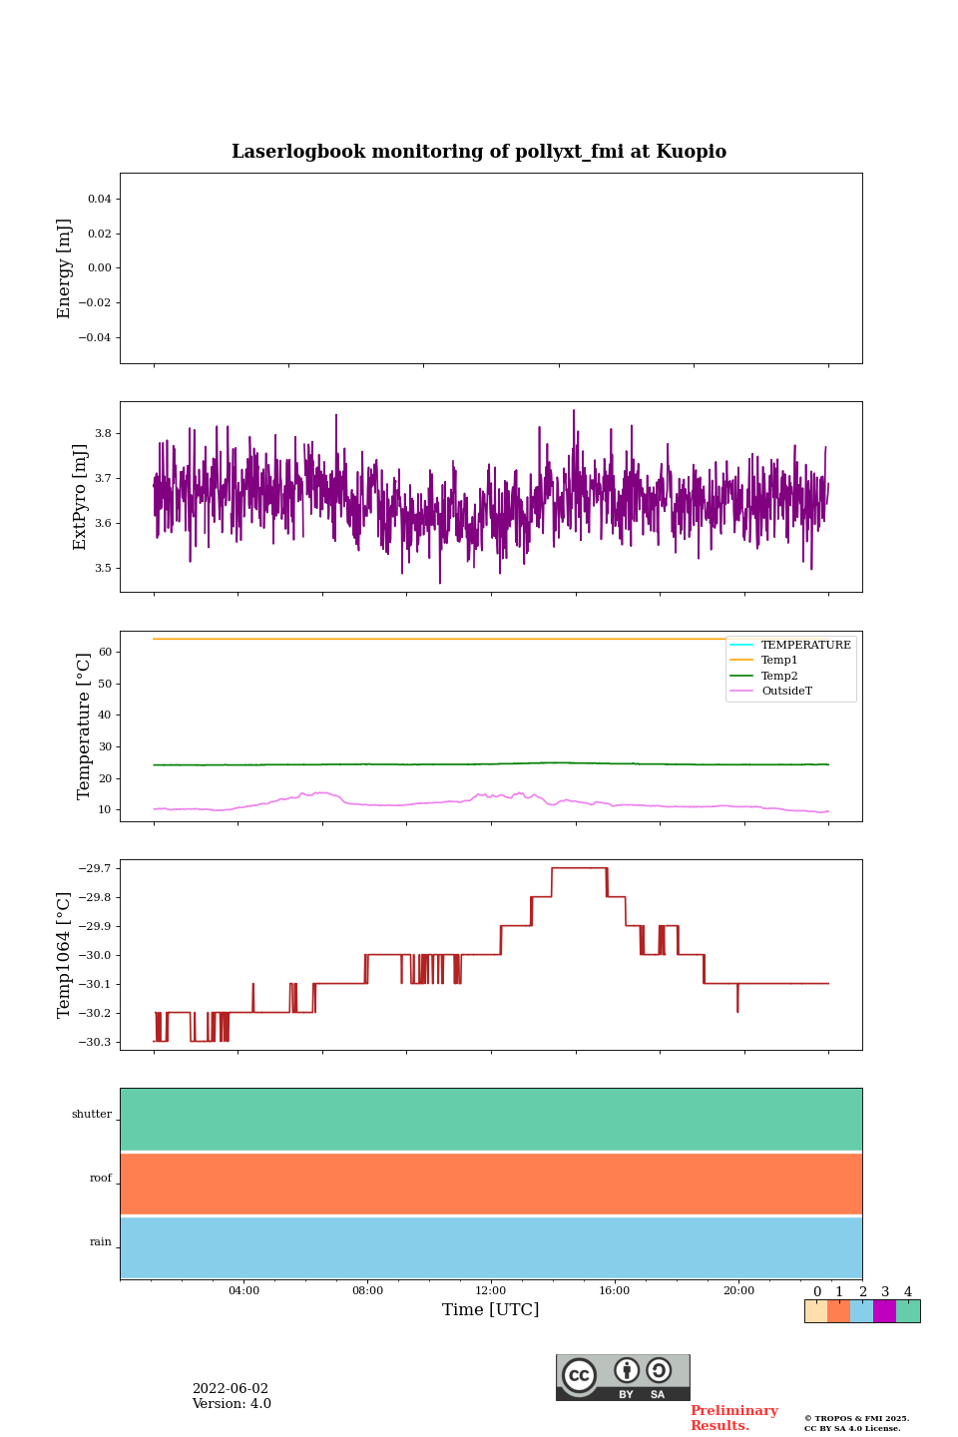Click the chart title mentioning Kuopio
click(479, 152)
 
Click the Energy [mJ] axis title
click(65, 268)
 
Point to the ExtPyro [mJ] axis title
click(81, 497)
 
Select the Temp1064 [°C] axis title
click(65, 955)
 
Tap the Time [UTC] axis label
click(491, 1310)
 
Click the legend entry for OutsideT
click(786, 692)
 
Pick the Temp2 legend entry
click(779, 677)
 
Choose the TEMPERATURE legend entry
click(805, 646)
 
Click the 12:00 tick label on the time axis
click(491, 1291)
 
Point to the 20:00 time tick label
click(738, 1291)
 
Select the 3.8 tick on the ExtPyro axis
click(103, 434)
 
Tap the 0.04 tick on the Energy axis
click(99, 200)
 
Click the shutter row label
click(92, 1115)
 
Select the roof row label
click(101, 1179)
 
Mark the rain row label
click(101, 1242)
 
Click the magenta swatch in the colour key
click(884, 1311)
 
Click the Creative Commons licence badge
click(623, 1377)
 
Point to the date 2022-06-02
click(231, 1389)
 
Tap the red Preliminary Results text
click(733, 1418)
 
